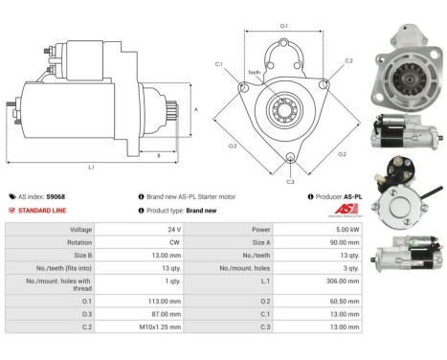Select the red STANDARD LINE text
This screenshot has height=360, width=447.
tap(44, 210)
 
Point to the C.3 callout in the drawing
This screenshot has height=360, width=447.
tap(291, 180)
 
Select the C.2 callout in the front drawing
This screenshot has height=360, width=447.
tap(349, 60)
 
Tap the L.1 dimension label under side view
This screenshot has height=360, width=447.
tap(91, 168)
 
